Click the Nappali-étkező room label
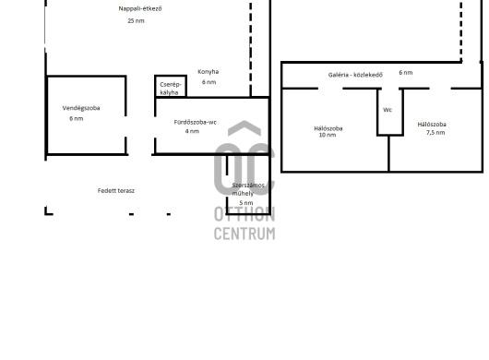pyautogui.click(x=140, y=8)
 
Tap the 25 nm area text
pyautogui.click(x=136, y=21)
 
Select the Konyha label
pyautogui.click(x=208, y=72)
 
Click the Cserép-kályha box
pyautogui.click(x=171, y=86)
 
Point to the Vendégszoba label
pyautogui.click(x=81, y=108)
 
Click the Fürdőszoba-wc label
pyautogui.click(x=196, y=122)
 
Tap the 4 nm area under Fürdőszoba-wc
pyautogui.click(x=192, y=131)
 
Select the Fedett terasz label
pyautogui.click(x=116, y=190)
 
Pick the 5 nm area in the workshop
pyautogui.click(x=246, y=203)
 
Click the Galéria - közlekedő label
pyautogui.click(x=355, y=75)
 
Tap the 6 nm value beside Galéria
pyautogui.click(x=406, y=73)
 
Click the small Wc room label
pyautogui.click(x=388, y=110)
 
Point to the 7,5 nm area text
pyautogui.click(x=435, y=133)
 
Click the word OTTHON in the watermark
pyautogui.click(x=244, y=215)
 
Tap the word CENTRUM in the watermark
pyautogui.click(x=244, y=234)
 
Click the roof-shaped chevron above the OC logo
pyautogui.click(x=244, y=127)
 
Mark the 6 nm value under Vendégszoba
pyautogui.click(x=76, y=118)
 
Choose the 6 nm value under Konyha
pyautogui.click(x=209, y=82)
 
